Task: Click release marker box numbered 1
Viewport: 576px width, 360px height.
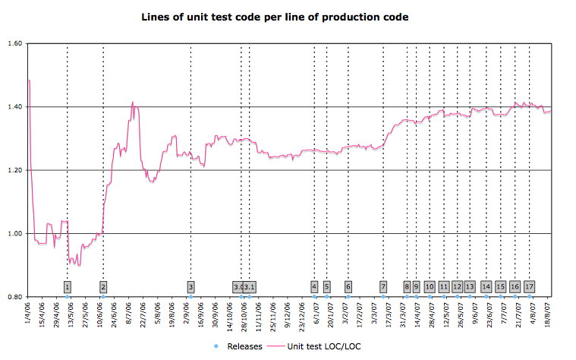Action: click(68, 286)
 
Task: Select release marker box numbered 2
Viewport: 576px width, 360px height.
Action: click(103, 286)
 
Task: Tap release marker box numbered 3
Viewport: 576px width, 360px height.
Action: click(190, 286)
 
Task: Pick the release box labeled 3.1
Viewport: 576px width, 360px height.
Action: click(250, 286)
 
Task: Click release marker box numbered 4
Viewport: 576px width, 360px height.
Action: click(314, 286)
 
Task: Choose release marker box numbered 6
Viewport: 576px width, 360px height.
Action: click(348, 286)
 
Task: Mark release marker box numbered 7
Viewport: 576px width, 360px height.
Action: click(383, 286)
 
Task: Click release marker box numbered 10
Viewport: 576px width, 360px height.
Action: click(430, 286)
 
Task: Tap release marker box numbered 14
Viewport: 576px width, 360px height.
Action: click(486, 286)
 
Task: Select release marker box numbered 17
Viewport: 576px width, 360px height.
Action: click(529, 286)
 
